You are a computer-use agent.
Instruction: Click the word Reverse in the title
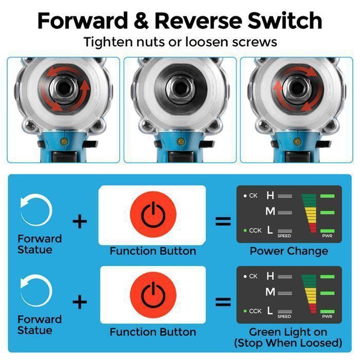coord(199,21)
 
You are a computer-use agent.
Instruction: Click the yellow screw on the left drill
coord(63,141)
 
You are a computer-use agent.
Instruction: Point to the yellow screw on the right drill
coord(297,141)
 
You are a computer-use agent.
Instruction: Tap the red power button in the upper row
coord(153,214)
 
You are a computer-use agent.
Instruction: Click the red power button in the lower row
coord(153,295)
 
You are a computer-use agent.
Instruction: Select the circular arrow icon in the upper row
coord(37,210)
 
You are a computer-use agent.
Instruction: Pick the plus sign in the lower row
coord(80,302)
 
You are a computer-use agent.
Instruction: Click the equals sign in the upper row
coord(223,221)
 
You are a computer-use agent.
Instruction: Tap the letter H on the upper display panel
coord(270,195)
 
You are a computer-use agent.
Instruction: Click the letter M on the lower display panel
coord(270,292)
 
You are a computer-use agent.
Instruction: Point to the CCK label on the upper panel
coord(255,230)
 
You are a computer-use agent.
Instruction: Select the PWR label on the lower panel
coord(327,317)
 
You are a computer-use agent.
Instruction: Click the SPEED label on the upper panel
coord(284,236)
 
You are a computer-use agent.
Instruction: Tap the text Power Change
coord(289,251)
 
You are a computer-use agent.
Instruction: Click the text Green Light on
coord(288,332)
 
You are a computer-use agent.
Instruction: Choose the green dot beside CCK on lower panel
coord(245,311)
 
